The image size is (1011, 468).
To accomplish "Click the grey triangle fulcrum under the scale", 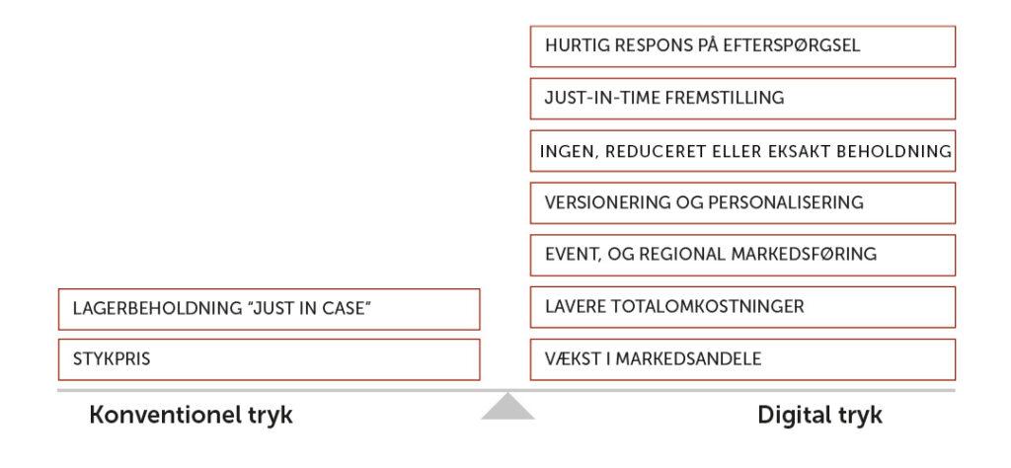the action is (x=507, y=408).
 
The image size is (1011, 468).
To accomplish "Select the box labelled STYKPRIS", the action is (x=269, y=359).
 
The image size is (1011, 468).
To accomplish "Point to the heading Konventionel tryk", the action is (x=191, y=415).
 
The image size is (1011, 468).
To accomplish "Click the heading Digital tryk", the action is (x=819, y=415).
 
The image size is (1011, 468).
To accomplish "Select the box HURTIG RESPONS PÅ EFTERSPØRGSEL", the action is (x=742, y=46).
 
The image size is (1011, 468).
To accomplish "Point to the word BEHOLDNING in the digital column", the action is (x=894, y=151).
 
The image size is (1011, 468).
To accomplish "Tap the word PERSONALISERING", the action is (x=785, y=202).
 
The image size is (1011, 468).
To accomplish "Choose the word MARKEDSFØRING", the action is (x=804, y=254).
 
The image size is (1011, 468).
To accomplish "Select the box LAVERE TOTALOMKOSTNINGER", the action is (x=742, y=307).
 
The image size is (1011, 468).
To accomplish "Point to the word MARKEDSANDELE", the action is (x=688, y=358).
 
